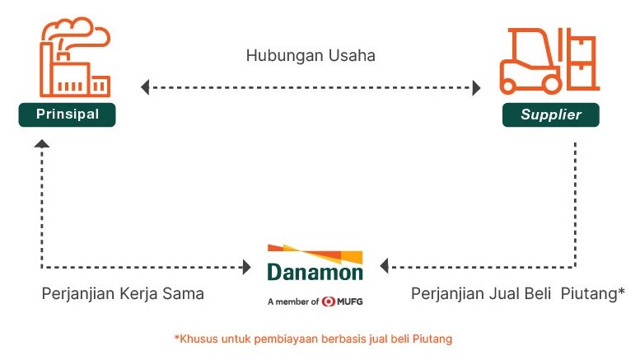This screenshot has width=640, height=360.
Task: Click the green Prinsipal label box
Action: (x=68, y=115)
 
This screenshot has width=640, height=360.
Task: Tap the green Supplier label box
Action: (x=551, y=115)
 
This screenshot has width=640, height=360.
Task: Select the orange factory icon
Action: (x=75, y=57)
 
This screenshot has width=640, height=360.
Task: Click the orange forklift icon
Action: (x=549, y=61)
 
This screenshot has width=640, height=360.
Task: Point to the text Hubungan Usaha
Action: (x=311, y=55)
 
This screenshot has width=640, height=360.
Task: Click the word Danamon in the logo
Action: (x=315, y=272)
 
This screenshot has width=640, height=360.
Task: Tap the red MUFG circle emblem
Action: (x=328, y=302)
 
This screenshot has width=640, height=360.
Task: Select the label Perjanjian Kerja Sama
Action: (x=123, y=294)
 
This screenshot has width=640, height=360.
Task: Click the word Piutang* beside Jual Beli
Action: (x=593, y=294)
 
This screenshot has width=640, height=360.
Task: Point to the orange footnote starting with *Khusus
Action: (x=314, y=339)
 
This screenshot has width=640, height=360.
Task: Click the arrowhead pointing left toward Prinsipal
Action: (x=145, y=87)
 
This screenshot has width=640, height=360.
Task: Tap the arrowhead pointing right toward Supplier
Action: (x=476, y=88)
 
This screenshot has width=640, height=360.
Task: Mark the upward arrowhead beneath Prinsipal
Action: (x=42, y=143)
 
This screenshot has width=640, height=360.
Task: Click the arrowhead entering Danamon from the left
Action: (x=247, y=268)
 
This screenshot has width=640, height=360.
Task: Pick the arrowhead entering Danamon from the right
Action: (x=384, y=266)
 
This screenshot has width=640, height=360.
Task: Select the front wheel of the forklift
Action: (x=551, y=86)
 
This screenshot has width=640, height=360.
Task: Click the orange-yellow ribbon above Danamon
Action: (x=315, y=253)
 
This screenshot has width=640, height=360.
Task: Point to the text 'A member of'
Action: (x=293, y=302)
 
